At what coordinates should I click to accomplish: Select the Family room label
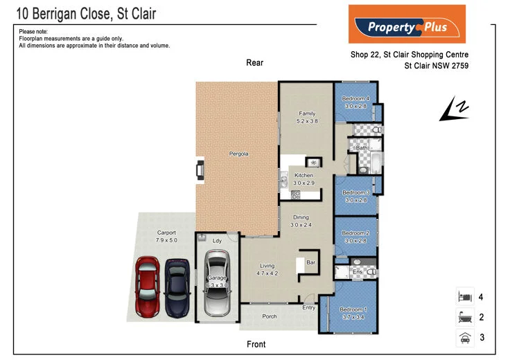click(307, 114)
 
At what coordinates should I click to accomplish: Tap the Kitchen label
click(304, 175)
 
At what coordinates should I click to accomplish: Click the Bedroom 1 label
click(353, 309)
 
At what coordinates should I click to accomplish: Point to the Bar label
click(311, 263)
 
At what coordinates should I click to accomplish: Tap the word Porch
click(269, 316)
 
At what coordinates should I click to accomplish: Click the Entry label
click(308, 307)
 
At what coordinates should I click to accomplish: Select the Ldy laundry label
click(216, 241)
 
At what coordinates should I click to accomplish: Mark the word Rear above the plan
click(254, 63)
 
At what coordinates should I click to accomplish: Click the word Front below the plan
click(256, 344)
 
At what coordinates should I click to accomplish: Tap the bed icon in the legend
click(464, 298)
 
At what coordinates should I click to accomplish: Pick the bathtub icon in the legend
click(464, 318)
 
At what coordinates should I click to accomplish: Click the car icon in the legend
click(464, 338)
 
